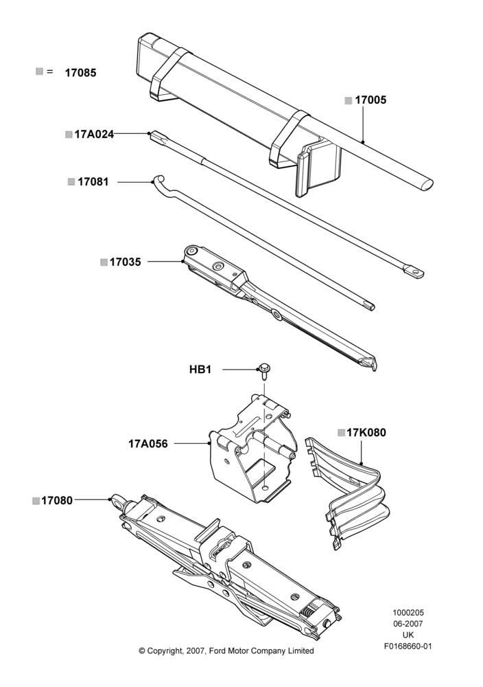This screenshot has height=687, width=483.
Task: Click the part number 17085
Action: pos(80,73)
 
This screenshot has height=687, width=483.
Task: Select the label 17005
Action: pos(370,100)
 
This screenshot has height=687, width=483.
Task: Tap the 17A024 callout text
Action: pos(94,134)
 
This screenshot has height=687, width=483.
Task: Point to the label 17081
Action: pos(93,181)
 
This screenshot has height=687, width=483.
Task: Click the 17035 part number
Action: pos(125,262)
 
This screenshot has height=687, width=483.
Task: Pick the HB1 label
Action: pos(200,370)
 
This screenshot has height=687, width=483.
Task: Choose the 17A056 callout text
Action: pos(148,444)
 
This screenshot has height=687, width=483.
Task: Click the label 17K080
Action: pos(366,432)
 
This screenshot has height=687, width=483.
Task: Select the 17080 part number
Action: pos(57,500)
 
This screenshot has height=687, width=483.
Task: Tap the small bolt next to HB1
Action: pos(264,370)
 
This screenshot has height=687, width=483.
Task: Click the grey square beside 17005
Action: pos(349,101)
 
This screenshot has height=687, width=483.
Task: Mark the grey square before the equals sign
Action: pos(39,71)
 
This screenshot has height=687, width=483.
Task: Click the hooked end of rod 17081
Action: pos(158,179)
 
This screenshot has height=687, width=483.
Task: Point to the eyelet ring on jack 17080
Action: pos(118,502)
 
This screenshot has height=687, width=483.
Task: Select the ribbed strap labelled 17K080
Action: pos(350,491)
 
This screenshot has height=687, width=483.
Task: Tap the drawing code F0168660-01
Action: pos(408,646)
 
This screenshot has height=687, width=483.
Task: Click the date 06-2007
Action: pos(408,624)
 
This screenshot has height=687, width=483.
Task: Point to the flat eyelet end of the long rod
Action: pos(415,271)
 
